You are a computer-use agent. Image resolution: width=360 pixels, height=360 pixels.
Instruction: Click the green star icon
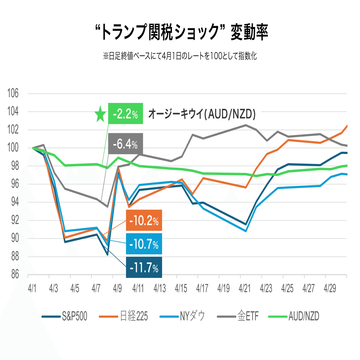pos(100,114)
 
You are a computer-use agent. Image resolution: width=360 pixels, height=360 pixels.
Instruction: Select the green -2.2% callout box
pos(125,114)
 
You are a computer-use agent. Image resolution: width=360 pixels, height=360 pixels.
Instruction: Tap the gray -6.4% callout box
pos(125,144)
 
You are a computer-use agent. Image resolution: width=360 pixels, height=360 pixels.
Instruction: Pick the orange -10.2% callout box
pos(144,220)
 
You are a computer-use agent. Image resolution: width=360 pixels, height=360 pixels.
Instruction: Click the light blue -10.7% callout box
pos(144,244)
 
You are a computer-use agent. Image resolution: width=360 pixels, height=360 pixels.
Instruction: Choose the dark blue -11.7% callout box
pos(144,267)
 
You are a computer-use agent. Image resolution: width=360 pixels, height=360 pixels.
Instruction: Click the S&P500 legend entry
pos(65,316)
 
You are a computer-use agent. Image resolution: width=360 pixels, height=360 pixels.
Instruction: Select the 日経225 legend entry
pos(124,316)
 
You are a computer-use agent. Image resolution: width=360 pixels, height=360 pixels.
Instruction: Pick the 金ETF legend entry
pos(238,316)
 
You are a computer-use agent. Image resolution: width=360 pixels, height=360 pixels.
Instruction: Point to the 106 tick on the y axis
pos(13,93)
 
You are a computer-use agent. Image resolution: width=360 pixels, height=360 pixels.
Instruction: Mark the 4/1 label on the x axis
pos(32,289)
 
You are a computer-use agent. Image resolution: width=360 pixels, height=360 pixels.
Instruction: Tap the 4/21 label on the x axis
pos(244,289)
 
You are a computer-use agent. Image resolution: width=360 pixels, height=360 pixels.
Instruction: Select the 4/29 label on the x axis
pos(330,289)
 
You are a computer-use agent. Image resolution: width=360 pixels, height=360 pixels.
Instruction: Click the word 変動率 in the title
pos(249,32)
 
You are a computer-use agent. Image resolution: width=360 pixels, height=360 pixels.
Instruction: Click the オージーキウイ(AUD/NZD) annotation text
pos(202,114)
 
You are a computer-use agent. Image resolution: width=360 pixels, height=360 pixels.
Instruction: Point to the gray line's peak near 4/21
pos(246,125)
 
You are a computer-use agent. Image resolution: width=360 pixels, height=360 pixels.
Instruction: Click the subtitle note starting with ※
pos(180,56)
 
